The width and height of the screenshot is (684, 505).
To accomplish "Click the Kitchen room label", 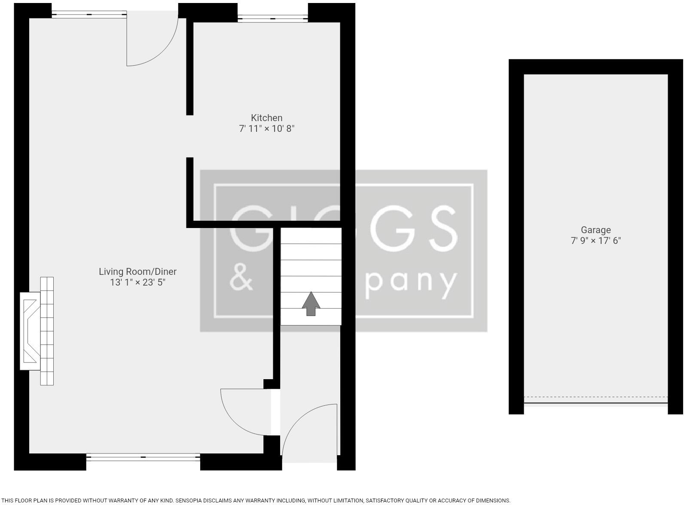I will coord(266,118).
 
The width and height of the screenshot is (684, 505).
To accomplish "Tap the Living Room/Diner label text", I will coord(137,271).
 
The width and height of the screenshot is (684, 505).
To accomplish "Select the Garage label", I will coord(595,230).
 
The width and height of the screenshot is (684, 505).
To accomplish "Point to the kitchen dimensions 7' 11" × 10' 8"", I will coord(266,128).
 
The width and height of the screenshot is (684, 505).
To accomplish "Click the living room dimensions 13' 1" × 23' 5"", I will coord(137,282).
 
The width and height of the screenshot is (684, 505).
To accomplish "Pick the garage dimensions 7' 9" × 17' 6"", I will coord(595,240).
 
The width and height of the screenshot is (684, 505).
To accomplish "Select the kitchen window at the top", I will coord(272,18).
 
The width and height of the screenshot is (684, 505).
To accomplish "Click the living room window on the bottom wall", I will coord(143,457).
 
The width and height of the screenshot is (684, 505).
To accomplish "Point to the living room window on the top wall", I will coord(89,15).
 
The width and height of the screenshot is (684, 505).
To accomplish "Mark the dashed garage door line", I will coord(595,397).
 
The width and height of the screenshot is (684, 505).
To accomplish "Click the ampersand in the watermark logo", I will coord(241,277).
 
